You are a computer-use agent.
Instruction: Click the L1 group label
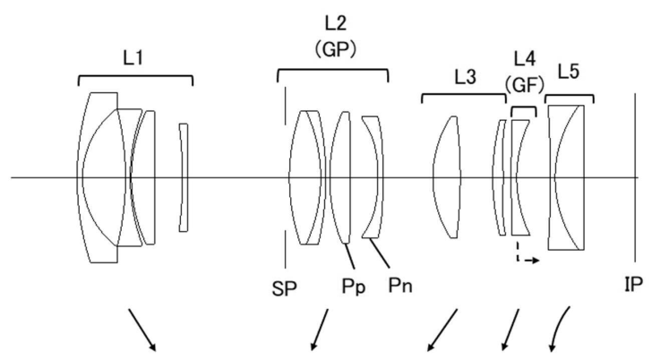tap(135, 58)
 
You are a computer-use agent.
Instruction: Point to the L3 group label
tap(464, 79)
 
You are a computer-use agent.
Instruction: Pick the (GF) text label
tap(524, 85)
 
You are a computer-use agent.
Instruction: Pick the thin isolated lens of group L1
tap(184, 176)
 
